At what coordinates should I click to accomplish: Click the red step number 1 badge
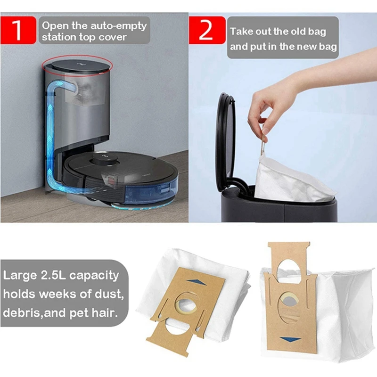17,29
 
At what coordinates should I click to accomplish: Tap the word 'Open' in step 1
53,25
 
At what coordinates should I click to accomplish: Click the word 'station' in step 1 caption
58,37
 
